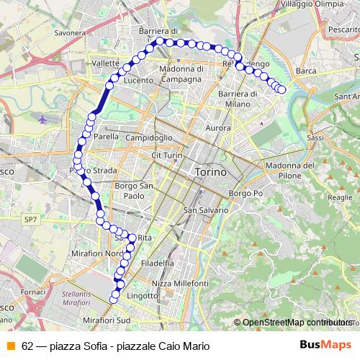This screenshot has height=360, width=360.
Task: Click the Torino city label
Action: coord(210,173)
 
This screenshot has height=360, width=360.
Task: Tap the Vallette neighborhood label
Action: coord(105,63)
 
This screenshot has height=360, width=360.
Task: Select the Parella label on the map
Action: coord(105,135)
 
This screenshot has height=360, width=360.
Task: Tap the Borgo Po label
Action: coord(243,194)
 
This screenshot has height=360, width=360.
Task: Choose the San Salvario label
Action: coord(206,210)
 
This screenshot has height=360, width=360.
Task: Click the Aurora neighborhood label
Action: coord(218,127)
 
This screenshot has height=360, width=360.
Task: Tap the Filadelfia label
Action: coord(158,264)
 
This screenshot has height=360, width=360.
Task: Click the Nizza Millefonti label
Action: coord(180,284)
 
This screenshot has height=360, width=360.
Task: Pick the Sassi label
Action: coord(294,135)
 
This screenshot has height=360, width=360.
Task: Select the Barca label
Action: coord(306,71)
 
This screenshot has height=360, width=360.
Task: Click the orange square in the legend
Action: coord(10,344)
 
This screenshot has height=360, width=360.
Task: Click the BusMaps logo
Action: coord(325,344)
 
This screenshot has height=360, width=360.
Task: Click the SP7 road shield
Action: coord(30,219)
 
